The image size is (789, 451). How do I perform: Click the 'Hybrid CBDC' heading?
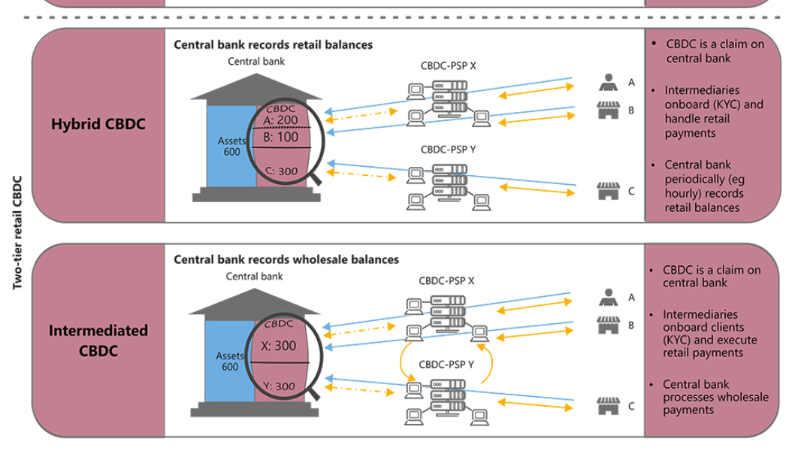98,124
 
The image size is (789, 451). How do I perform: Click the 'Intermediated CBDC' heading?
98,341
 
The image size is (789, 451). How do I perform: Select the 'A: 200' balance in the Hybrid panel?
282,120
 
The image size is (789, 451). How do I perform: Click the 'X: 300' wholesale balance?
279,347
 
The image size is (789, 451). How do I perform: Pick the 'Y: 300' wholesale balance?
279,386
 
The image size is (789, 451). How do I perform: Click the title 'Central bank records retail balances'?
273,45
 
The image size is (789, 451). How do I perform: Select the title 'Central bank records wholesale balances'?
286,259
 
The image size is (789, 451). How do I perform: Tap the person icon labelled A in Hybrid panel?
608,82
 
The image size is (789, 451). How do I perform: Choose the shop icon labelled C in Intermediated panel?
607,406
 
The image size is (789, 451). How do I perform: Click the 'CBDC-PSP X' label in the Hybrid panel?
448,66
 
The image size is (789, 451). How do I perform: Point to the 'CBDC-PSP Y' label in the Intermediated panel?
446,365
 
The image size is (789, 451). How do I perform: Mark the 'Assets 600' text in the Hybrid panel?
231,146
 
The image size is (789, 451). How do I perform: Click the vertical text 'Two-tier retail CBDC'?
17,232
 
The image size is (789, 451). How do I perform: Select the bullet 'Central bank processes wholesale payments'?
715,397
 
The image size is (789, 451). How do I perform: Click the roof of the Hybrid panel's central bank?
255,87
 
